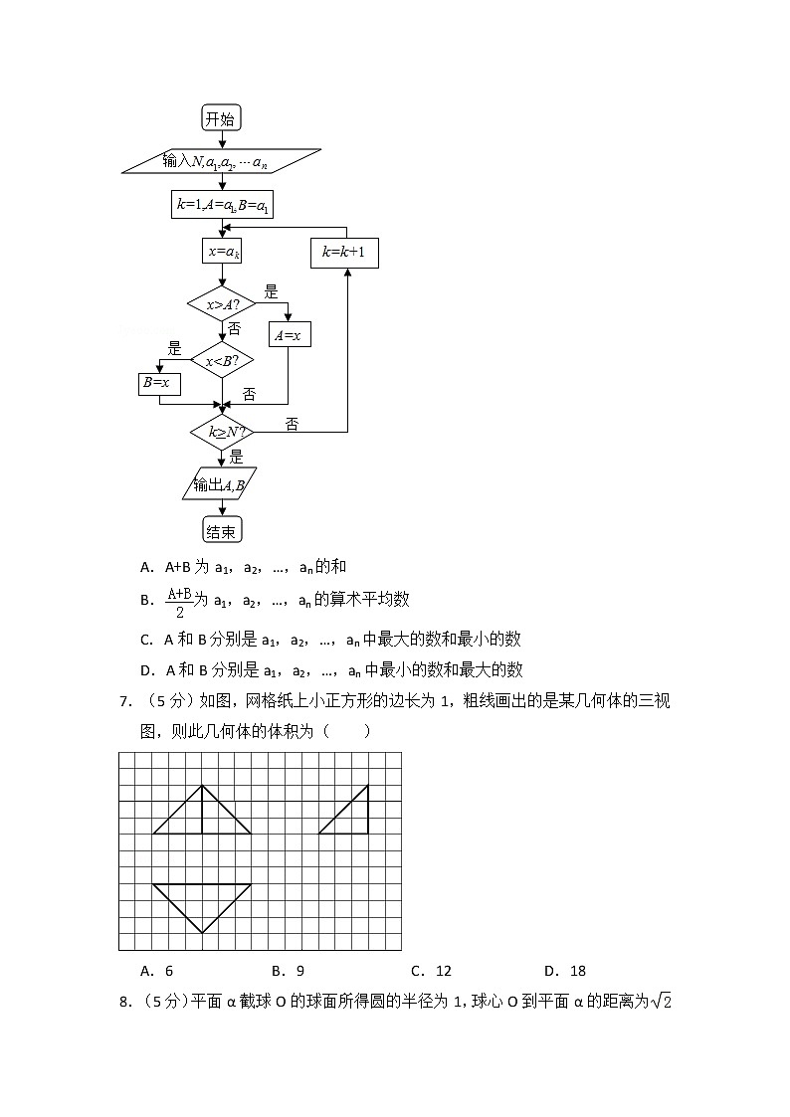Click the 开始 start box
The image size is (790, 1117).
221,118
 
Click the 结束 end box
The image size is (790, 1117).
222,531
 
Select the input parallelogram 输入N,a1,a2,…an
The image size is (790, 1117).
221,160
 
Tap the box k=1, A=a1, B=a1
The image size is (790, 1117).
223,205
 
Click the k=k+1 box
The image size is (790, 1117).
344,253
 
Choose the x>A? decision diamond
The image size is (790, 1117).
222,305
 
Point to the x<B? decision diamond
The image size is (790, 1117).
222,361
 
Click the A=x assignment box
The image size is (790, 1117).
288,335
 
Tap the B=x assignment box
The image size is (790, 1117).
158,383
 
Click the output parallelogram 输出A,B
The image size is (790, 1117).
220,483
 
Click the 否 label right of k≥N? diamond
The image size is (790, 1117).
292,425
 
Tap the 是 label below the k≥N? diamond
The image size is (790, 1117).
236,457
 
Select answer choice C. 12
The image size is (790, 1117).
431,971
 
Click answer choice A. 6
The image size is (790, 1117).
157,971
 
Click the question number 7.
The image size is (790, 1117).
125,702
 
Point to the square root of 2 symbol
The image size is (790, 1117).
662,1001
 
